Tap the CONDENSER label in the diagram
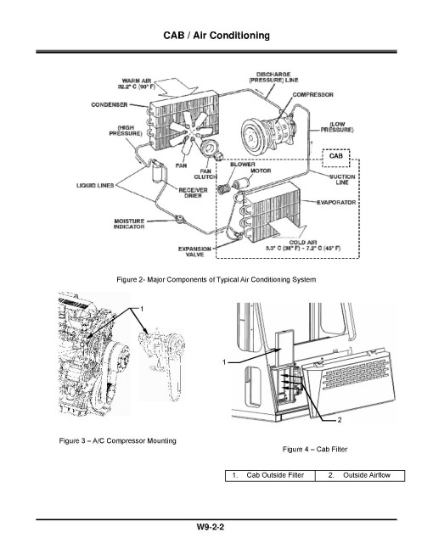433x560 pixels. pos(110,105)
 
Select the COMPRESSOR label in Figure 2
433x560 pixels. pos(312,95)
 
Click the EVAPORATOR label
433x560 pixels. pos(340,203)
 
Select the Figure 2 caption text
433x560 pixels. pos(216,280)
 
